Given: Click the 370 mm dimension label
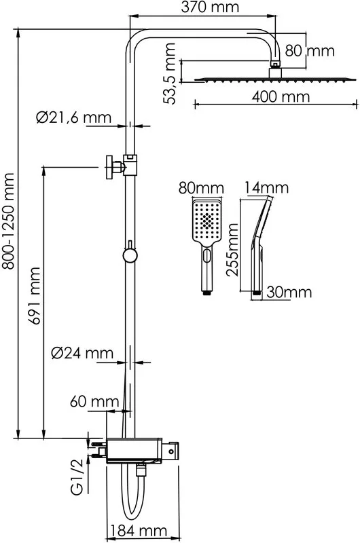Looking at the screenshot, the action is coord(210,7).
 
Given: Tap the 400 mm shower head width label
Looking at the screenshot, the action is coord(281,96).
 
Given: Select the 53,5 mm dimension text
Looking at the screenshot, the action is coord(170,74).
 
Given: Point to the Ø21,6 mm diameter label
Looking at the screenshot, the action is coord(73,117).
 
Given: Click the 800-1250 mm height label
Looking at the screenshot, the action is coord(7,221).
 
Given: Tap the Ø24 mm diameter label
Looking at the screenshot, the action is coord(82,353).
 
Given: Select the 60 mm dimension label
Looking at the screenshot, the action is coord(94,402).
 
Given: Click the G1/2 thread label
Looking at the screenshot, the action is coord(77,478).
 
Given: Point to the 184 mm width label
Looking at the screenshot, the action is coord(139,531).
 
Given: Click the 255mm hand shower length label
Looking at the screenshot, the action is coord(232,250).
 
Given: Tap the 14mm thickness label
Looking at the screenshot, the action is coord(266,188).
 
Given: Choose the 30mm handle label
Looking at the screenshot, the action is coord(289,293).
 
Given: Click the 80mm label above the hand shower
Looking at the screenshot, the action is coord(201,189).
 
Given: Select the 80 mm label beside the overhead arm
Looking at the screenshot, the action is coord(310,51).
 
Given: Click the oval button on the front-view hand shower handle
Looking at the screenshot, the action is coord(207,256).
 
